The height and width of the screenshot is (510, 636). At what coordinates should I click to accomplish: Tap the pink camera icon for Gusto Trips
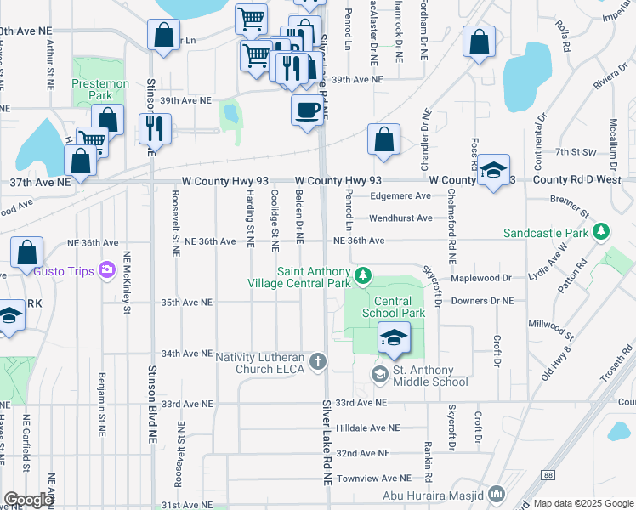pos(107,269)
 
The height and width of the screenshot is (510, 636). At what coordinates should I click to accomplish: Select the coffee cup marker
pos(307,109)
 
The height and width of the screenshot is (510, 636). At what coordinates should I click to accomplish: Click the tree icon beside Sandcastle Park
pos(602,231)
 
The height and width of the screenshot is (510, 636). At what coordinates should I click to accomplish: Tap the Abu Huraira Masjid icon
pos(497,493)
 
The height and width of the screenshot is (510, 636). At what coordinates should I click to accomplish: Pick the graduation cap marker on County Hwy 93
pos(493,171)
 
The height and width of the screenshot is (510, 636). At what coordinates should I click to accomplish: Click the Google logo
pos(28,500)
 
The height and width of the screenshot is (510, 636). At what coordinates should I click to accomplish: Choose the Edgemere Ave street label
pos(400,195)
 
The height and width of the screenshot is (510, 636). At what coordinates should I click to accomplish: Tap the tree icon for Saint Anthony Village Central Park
pos(363,275)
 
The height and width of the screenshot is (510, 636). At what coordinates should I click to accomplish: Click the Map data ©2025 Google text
pos(582,503)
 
